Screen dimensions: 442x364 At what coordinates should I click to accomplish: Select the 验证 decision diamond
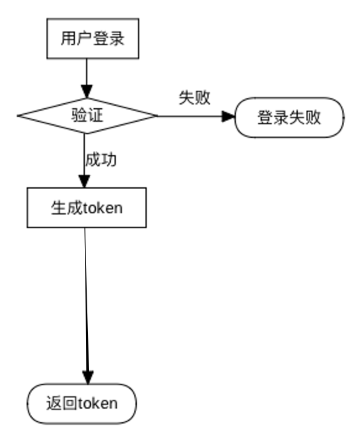[x=87, y=115]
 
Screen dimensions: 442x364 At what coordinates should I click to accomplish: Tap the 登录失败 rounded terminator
[x=290, y=117]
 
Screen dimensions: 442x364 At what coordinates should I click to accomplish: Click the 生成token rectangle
[x=86, y=208]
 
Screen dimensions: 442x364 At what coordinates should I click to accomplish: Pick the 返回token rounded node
[x=82, y=404]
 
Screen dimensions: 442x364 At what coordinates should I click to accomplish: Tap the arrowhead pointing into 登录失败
[x=230, y=116]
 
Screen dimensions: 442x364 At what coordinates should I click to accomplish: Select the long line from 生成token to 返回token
[x=87, y=297]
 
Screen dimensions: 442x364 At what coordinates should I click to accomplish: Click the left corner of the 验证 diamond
[x=19, y=116]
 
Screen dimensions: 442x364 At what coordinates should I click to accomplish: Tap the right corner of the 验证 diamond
[x=157, y=116]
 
